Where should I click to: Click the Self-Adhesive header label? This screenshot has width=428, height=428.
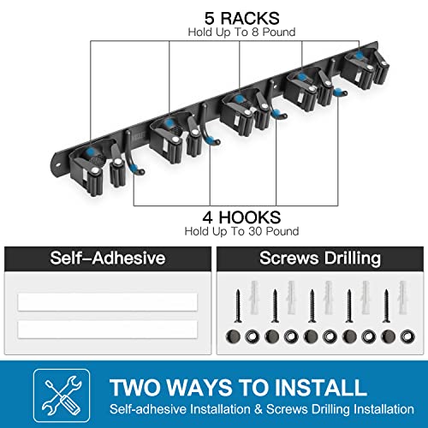[107, 258]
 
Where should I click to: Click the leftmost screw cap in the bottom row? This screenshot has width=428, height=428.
[236, 336]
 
